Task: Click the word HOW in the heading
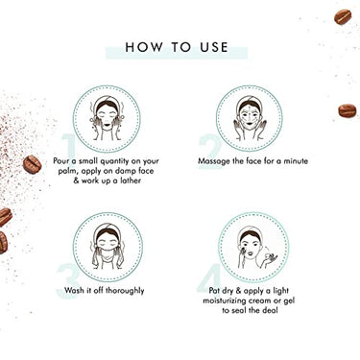coord(144,47)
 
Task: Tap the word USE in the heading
coord(214,47)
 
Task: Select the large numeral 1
coord(69,147)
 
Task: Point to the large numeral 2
coord(210,148)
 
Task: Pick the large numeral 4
coord(209,278)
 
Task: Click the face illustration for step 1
coord(107,119)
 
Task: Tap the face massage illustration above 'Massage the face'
coord(250,118)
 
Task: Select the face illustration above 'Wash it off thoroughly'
coord(108,247)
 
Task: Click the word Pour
coord(60,160)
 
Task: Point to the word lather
coord(131,180)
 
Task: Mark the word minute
coord(296,160)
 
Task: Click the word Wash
coord(73,290)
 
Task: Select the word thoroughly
coord(125,291)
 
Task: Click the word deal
coord(270,310)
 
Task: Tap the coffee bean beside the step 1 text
coord(32,164)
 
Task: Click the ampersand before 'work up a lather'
coord(76,180)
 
